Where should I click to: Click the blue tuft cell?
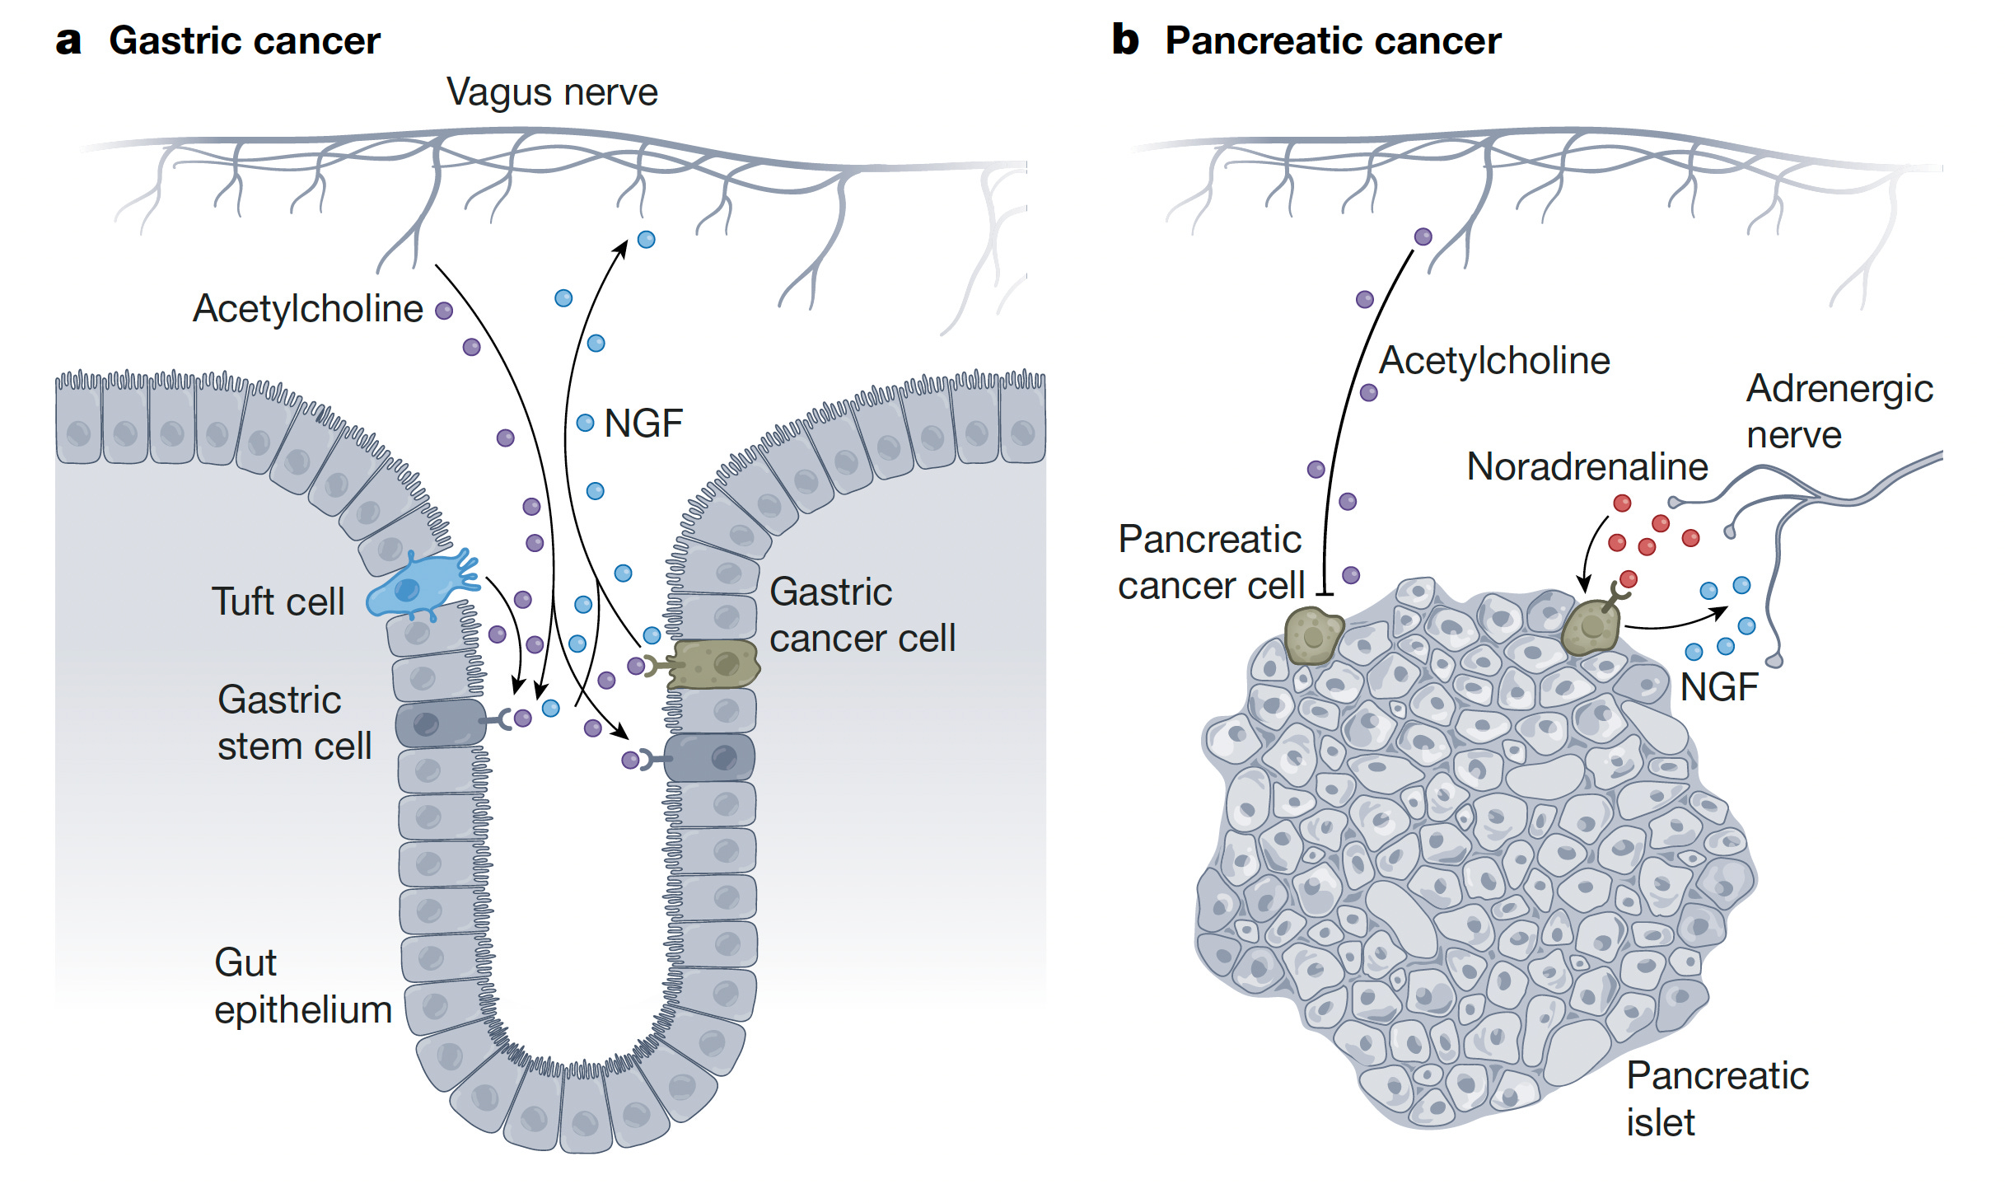[x=416, y=587]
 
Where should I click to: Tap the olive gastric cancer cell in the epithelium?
[x=713, y=664]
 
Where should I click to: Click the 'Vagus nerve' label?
[x=552, y=92]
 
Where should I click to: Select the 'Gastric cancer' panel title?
[x=245, y=41]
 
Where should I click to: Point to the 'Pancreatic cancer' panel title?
[x=1332, y=41]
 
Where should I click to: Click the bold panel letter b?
[x=1124, y=40]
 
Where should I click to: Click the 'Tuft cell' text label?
[x=278, y=601]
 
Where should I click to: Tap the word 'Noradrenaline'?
[x=1587, y=467]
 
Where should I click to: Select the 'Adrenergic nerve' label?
[x=1839, y=411]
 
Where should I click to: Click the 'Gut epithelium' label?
[x=302, y=986]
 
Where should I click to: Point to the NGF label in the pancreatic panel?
[x=1718, y=687]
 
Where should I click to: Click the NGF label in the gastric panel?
[x=643, y=424]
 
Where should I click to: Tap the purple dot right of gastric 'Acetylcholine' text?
[x=444, y=311]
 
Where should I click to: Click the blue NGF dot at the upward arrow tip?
[x=647, y=240]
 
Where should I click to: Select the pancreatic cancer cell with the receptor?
[x=1590, y=629]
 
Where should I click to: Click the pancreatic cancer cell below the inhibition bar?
[x=1313, y=635]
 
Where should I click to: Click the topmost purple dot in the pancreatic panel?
[x=1423, y=237]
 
